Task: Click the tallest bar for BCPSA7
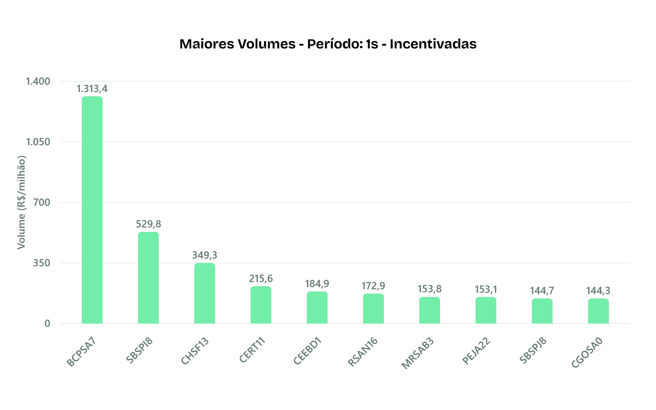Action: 92,210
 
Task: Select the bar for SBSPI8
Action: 148,278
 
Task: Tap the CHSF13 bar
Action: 205,293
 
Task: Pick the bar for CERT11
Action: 261,305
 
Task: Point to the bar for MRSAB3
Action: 430,310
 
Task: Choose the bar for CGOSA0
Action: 598,311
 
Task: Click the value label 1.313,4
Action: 92,89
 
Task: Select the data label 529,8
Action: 148,224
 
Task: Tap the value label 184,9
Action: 317,284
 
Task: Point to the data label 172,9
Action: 373,286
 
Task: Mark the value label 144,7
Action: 542,291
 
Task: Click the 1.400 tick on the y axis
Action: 38,81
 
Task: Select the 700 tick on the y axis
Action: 42,202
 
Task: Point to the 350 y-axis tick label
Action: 42,263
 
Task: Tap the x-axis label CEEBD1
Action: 308,351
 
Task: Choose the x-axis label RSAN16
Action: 363,352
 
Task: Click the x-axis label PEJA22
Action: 476,351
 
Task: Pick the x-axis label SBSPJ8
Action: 533,351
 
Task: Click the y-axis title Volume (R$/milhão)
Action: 21,202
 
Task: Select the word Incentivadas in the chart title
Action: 433,44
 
